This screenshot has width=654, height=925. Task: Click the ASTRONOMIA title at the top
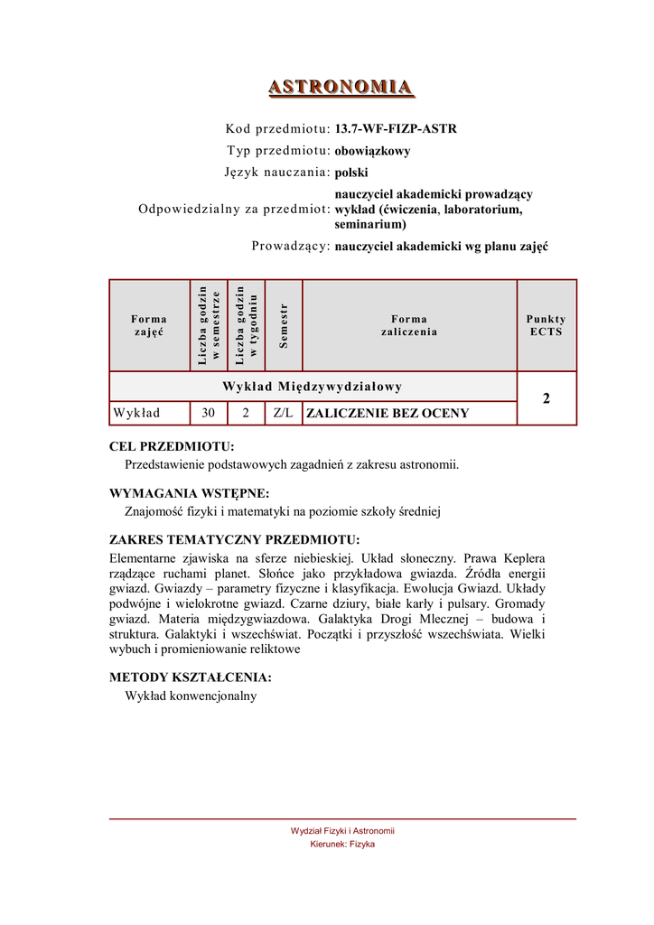click(x=341, y=87)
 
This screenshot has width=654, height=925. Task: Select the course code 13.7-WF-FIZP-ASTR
click(x=396, y=129)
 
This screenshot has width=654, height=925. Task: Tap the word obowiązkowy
click(x=372, y=151)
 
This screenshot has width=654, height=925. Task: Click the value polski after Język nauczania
click(x=351, y=173)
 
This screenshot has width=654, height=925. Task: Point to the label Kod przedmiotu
click(x=277, y=129)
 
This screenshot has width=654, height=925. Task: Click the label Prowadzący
click(x=290, y=246)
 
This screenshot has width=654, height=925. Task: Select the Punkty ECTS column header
click(x=546, y=325)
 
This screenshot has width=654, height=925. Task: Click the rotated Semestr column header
click(x=284, y=325)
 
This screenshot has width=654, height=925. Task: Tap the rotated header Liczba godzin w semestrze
click(x=209, y=325)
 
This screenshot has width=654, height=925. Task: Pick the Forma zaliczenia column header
click(x=409, y=325)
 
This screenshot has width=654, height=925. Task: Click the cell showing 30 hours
click(x=209, y=414)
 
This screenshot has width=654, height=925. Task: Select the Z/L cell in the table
click(x=284, y=414)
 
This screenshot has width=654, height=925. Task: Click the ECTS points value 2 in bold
click(x=546, y=398)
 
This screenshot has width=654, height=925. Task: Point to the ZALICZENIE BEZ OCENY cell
click(x=388, y=414)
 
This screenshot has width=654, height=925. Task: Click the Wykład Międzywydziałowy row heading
click(x=313, y=387)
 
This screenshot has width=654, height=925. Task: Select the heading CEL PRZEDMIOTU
click(x=172, y=446)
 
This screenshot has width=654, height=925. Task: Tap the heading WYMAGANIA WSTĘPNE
click(x=189, y=493)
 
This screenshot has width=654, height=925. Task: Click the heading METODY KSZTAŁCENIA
click(x=190, y=677)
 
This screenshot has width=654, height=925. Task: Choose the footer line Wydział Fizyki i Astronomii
click(x=342, y=831)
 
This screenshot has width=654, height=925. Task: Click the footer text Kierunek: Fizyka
click(x=342, y=845)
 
